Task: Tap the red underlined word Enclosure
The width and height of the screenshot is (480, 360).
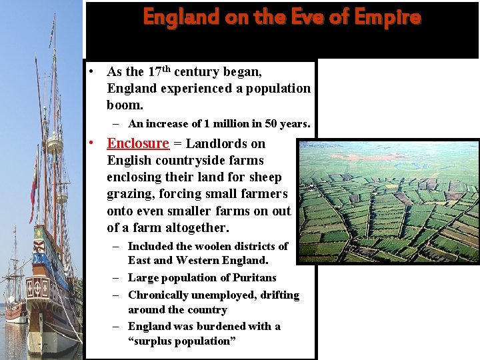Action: click(138, 143)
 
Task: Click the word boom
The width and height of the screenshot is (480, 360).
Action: click(124, 105)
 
